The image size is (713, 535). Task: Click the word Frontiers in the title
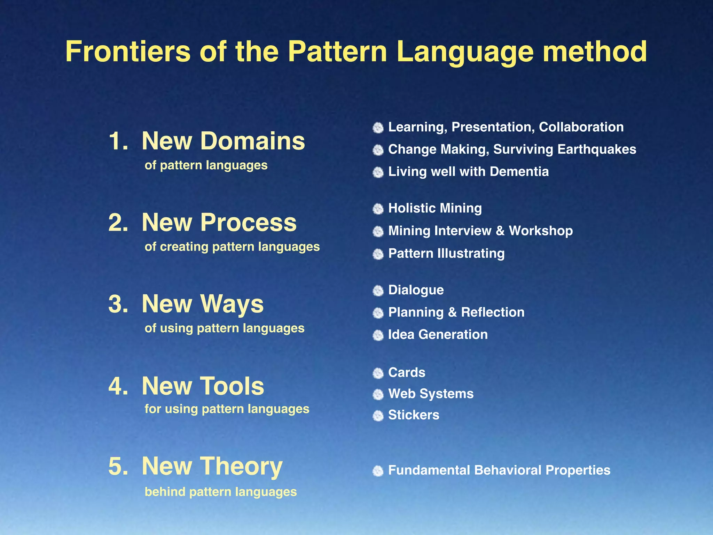[x=128, y=51]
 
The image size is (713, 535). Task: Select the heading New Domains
[x=223, y=141]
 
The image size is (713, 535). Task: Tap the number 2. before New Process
[x=118, y=223]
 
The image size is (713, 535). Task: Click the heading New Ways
[x=202, y=304]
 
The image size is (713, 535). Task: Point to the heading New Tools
[x=203, y=386]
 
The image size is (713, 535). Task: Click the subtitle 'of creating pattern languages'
[x=232, y=247]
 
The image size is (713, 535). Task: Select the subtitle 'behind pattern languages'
[x=220, y=492]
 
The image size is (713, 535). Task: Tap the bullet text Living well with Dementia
[x=468, y=172]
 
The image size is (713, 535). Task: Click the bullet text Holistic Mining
[x=435, y=208]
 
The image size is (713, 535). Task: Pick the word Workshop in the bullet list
[x=540, y=231]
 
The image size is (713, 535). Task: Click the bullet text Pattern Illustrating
[x=446, y=253]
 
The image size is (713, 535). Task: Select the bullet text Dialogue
[x=416, y=290]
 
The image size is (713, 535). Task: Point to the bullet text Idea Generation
[x=438, y=334]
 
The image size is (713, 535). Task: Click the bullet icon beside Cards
[x=378, y=373]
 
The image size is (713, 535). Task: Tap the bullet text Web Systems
[x=431, y=394]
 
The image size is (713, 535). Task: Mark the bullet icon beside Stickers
[x=378, y=416]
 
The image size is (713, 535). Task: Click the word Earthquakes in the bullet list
[x=596, y=149]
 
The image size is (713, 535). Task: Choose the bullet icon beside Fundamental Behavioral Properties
[x=378, y=471]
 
